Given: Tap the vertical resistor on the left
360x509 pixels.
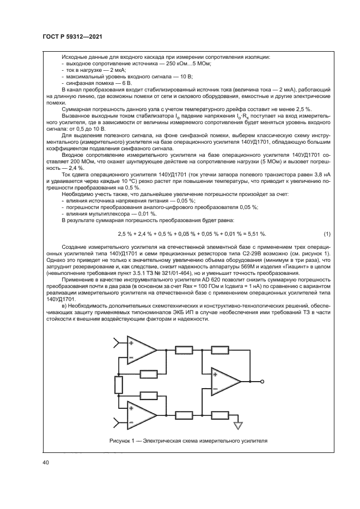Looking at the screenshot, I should coord(118,385).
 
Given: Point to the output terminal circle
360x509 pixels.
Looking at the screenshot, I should coord(261,382).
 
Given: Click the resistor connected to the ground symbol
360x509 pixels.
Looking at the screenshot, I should coord(219,415).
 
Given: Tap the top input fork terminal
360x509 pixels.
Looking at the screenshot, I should coord(116,342).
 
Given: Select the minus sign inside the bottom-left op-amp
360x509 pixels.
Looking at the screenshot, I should coord(131,422).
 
